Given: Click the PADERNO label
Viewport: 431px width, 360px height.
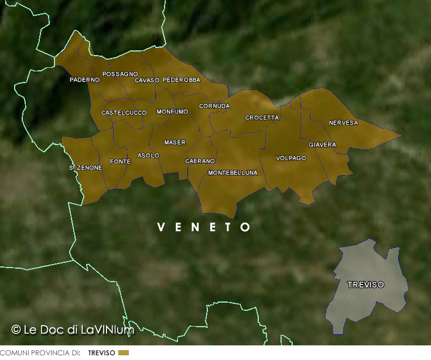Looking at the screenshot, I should (x=84, y=80).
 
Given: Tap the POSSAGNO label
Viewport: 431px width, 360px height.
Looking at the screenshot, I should (x=120, y=74).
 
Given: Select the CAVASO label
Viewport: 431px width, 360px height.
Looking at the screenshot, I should (x=147, y=80).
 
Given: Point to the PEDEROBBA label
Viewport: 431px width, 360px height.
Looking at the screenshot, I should (x=182, y=80).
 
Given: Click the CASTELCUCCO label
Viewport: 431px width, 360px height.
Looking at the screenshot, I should (x=124, y=112).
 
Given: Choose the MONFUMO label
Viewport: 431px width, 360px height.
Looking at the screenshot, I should (x=172, y=112).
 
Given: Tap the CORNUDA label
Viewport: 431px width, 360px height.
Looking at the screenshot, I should (x=214, y=107).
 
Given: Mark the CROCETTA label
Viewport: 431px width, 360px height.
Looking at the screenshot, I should (x=262, y=118).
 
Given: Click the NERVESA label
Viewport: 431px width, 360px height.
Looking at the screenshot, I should (x=343, y=123).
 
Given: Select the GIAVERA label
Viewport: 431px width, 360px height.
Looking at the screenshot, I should (x=322, y=145).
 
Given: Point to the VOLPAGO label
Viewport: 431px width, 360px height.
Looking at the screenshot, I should (x=291, y=158).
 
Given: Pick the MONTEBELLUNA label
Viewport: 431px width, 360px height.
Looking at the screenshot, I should (x=232, y=173).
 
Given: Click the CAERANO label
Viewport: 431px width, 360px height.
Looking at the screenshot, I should (x=200, y=161).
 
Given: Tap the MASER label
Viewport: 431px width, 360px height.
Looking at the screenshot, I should (x=175, y=143).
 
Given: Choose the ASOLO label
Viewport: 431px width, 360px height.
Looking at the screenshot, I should (x=148, y=156).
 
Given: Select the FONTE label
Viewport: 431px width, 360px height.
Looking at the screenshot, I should (x=120, y=162).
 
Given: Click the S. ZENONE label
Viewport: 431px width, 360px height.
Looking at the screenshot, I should (x=85, y=168).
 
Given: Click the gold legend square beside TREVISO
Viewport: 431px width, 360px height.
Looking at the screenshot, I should (x=123, y=353).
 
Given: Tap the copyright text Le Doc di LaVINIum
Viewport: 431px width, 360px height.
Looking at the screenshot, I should (x=73, y=330).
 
